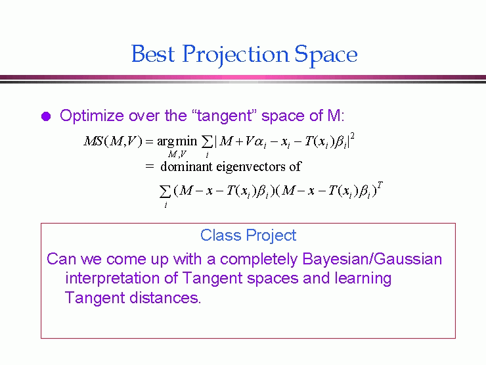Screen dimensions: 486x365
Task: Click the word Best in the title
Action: pos(153,54)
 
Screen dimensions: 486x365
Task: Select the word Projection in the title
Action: pos(235,55)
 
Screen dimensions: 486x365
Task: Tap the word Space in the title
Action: pos(326,55)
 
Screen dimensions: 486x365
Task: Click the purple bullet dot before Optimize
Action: pos(46,116)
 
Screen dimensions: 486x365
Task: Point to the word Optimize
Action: pos(92,116)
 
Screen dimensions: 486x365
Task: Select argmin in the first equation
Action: pos(177,141)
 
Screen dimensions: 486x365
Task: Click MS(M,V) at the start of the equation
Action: pos(113,141)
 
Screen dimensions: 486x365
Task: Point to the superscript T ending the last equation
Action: pos(380,185)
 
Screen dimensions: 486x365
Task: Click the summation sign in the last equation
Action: pos(165,191)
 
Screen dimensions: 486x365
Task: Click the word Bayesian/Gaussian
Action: pos(372,259)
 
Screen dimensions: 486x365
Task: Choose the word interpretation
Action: pos(113,278)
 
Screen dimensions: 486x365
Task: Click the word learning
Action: pos(363,278)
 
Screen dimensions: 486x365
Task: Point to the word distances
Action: pos(166,298)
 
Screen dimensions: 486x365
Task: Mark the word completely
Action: pos(259,260)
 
